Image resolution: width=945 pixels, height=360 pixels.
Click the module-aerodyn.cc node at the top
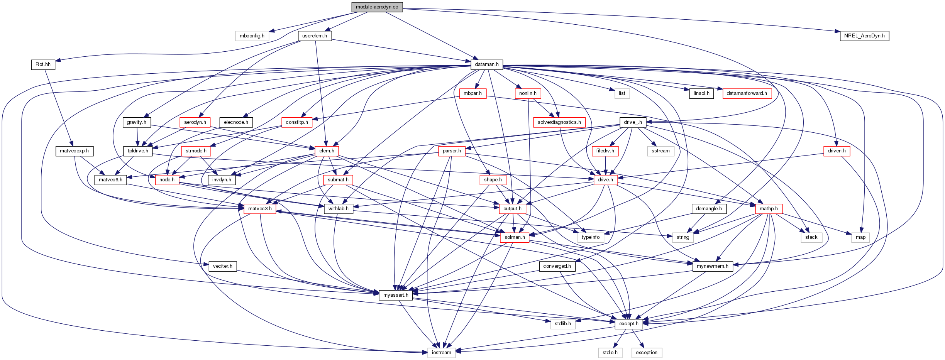pyautogui.click(x=377, y=7)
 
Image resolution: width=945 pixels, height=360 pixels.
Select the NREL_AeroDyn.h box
pyautogui.click(x=864, y=36)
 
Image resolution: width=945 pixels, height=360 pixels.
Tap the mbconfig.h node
pyautogui.click(x=252, y=36)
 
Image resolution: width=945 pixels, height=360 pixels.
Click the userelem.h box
pyautogui.click(x=314, y=36)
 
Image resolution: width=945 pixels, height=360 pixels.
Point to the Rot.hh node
pyautogui.click(x=43, y=64)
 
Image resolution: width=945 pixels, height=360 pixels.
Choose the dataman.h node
pyautogui.click(x=486, y=64)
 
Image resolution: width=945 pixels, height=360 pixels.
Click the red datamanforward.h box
pyautogui.click(x=747, y=93)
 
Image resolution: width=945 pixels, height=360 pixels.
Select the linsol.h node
pyautogui.click(x=701, y=93)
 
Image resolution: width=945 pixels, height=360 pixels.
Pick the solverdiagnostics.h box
pyautogui.click(x=559, y=122)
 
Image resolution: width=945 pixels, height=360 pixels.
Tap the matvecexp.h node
pyautogui.click(x=74, y=151)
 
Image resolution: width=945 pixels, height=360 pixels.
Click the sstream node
pyautogui.click(x=660, y=151)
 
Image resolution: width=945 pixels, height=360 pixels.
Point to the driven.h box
pyautogui.click(x=837, y=151)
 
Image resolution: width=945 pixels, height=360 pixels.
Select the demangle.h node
pyautogui.click(x=708, y=209)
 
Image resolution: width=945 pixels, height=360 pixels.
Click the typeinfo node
pyautogui.click(x=590, y=237)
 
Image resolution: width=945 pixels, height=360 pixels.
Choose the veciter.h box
pyautogui.click(x=222, y=266)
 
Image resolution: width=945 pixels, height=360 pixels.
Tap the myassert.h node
pyautogui.click(x=395, y=295)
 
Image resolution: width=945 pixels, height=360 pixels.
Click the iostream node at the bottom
pyautogui.click(x=441, y=353)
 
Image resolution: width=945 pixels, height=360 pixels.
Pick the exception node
pyautogui.click(x=646, y=353)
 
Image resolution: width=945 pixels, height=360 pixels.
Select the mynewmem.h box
pyautogui.click(x=712, y=266)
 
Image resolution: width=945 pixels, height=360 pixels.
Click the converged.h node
pyautogui.click(x=557, y=266)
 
